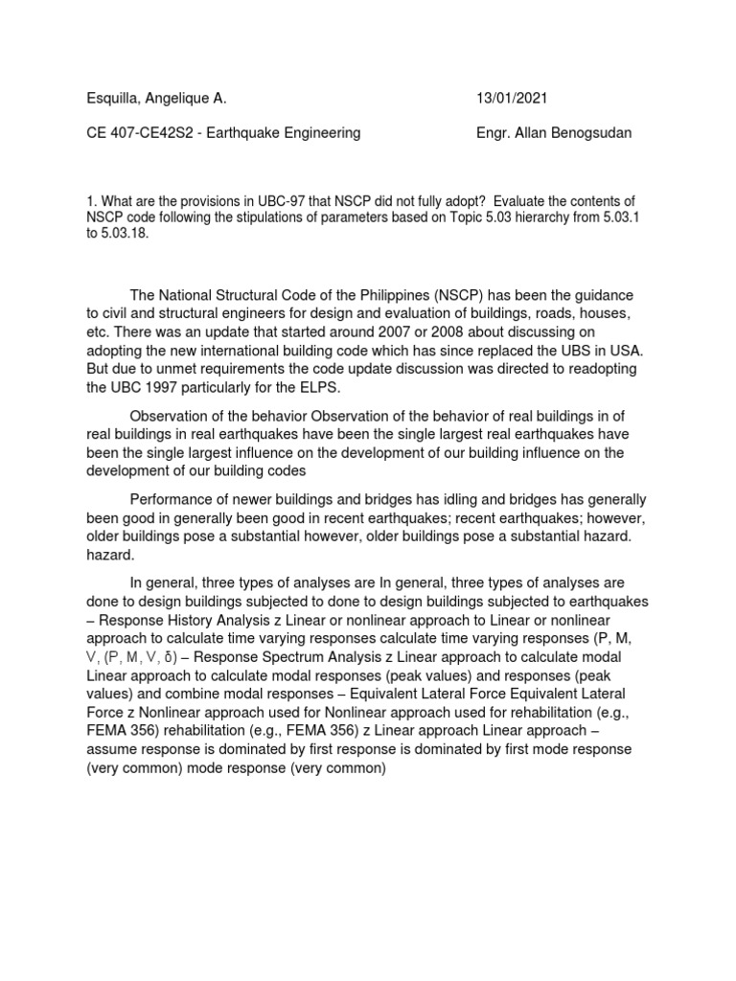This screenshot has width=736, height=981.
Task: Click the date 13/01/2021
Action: click(513, 99)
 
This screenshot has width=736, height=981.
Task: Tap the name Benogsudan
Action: click(587, 133)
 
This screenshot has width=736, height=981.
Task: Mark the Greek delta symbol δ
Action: click(168, 656)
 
